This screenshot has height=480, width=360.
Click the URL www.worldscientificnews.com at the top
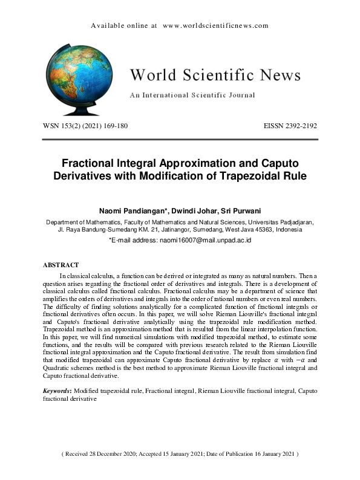[215, 26]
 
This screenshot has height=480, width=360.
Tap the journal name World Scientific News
[215, 76]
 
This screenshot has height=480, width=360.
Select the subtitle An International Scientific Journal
[192, 96]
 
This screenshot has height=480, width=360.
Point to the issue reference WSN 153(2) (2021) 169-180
[85, 126]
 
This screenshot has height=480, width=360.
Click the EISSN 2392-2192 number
[290, 126]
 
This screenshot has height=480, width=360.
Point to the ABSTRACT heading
[61, 265]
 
